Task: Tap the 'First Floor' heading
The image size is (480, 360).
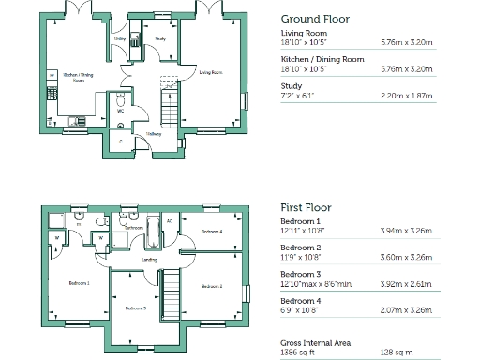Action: pos(307,206)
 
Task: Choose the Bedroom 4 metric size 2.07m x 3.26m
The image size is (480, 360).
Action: pos(407,307)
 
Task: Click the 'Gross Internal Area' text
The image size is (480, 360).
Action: pos(316,342)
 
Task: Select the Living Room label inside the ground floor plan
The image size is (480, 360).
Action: pos(211,72)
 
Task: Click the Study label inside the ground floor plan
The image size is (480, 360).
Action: pos(160,38)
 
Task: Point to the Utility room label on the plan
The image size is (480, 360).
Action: pos(120,39)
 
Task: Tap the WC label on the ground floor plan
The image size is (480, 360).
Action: pos(120,111)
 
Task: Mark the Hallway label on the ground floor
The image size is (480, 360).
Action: pos(153,134)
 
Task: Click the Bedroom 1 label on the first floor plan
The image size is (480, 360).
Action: pos(79,281)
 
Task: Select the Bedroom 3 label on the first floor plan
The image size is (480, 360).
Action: pos(135,307)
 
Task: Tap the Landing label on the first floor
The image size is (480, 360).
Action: pos(148,260)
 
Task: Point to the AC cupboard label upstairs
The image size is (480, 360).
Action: pos(170,221)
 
